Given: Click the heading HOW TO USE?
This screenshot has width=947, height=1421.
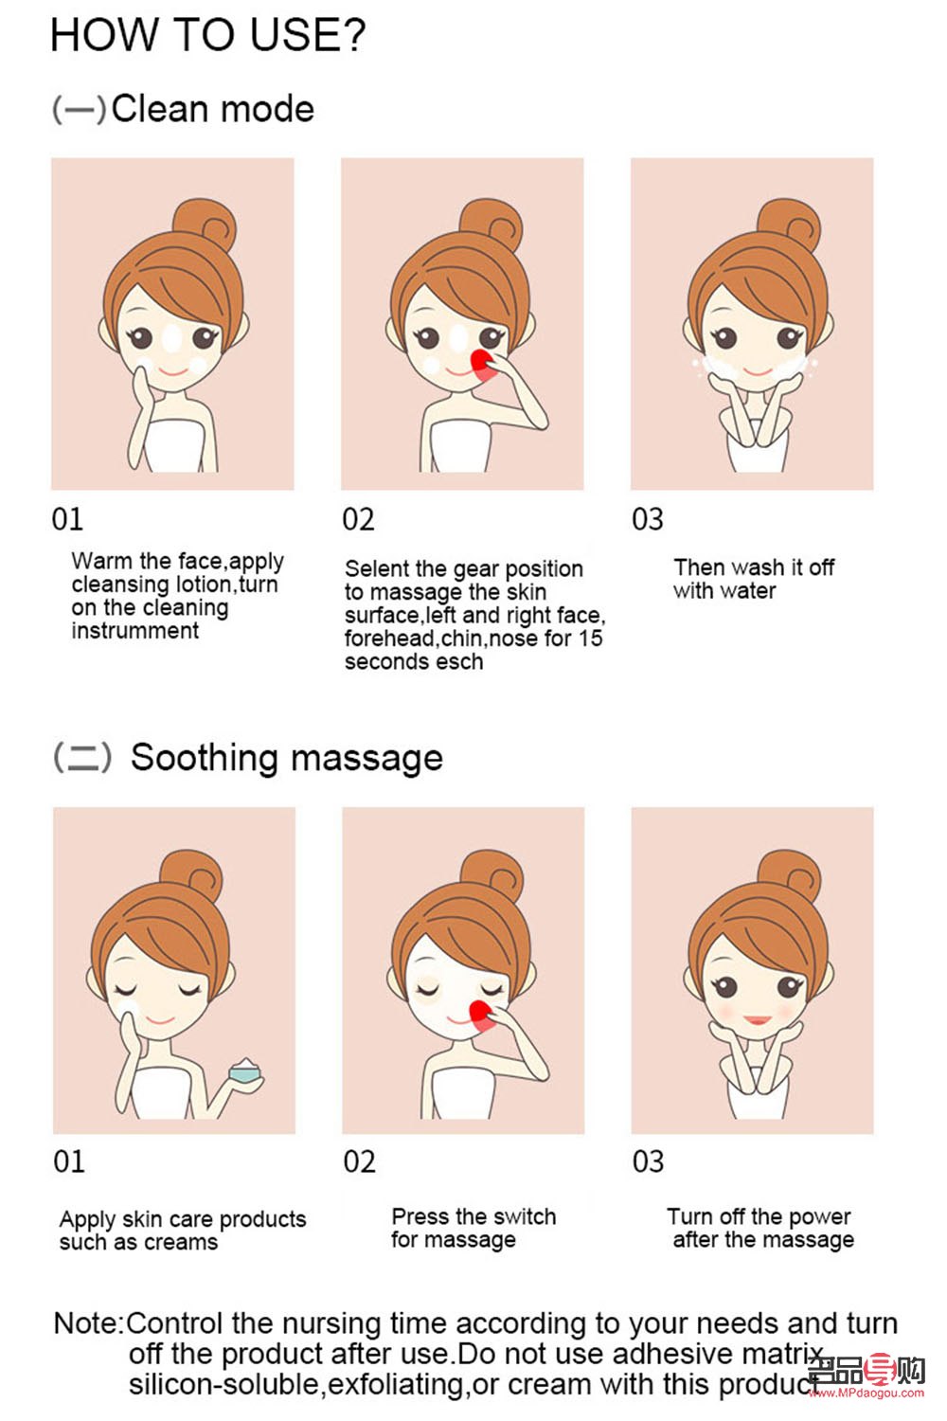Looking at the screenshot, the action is point(208,35).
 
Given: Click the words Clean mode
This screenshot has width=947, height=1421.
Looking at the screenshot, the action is point(212,109).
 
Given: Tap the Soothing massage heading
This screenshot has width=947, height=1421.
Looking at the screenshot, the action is point(287,758).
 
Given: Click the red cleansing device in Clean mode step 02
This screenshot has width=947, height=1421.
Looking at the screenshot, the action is point(483,366).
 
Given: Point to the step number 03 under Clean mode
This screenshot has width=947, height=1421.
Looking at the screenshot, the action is point(647,519).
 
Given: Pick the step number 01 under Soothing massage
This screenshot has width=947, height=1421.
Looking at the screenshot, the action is point(68,1161).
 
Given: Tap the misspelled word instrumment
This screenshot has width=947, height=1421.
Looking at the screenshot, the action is point(135,631).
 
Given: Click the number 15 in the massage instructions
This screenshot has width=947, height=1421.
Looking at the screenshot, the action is point(590,639).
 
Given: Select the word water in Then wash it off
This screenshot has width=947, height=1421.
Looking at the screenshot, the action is point(748,591).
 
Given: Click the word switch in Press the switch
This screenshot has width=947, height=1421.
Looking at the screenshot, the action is point(525,1216).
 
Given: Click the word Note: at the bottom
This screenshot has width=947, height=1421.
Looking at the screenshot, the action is point(89,1324).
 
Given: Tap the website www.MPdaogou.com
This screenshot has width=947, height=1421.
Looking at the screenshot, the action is point(867,1393).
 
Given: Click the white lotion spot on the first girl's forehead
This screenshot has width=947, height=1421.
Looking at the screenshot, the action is point(172,338).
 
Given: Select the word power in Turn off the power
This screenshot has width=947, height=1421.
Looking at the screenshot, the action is point(818,1217).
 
